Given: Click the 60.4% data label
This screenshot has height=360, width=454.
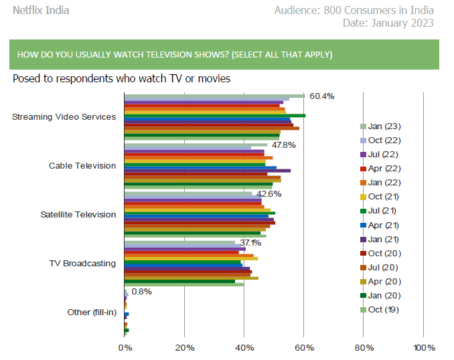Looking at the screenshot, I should pos(321,96).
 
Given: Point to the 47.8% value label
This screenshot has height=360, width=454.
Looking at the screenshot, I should pos(283,145).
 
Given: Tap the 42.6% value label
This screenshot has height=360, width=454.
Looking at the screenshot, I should pos(269,194).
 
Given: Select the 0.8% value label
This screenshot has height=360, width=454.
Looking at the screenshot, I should pos(142,292).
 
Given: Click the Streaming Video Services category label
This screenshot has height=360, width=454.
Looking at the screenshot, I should pos(64,117).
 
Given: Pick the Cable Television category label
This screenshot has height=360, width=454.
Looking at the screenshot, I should pos(82,166).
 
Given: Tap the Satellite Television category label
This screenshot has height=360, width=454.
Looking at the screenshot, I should pos(78,215).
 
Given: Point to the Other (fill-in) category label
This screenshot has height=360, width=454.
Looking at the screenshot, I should pos(92,312).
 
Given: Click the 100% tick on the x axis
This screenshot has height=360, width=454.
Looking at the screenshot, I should pos(423,348).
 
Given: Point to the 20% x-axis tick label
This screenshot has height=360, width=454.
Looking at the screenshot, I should pos(184,348).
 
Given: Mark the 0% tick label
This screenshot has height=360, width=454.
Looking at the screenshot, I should pos(125,348).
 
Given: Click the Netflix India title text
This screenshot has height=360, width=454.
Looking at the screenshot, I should pos(41,10).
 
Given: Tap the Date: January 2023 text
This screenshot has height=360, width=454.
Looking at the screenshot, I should pos(388,23).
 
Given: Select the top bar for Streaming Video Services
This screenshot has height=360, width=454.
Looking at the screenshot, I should pos(214,96).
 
